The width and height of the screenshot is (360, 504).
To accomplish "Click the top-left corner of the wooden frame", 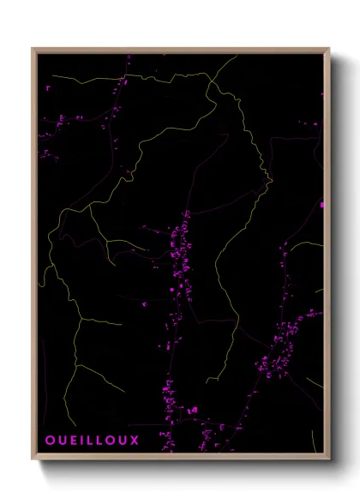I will [x=33, y=48].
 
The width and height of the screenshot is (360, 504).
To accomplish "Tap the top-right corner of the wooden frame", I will [x=330, y=48].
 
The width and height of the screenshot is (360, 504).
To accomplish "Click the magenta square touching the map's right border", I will [x=321, y=205].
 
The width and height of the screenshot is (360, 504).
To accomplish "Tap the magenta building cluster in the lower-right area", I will [x=283, y=343].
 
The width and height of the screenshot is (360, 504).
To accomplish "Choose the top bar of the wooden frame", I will [x=181, y=49].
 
